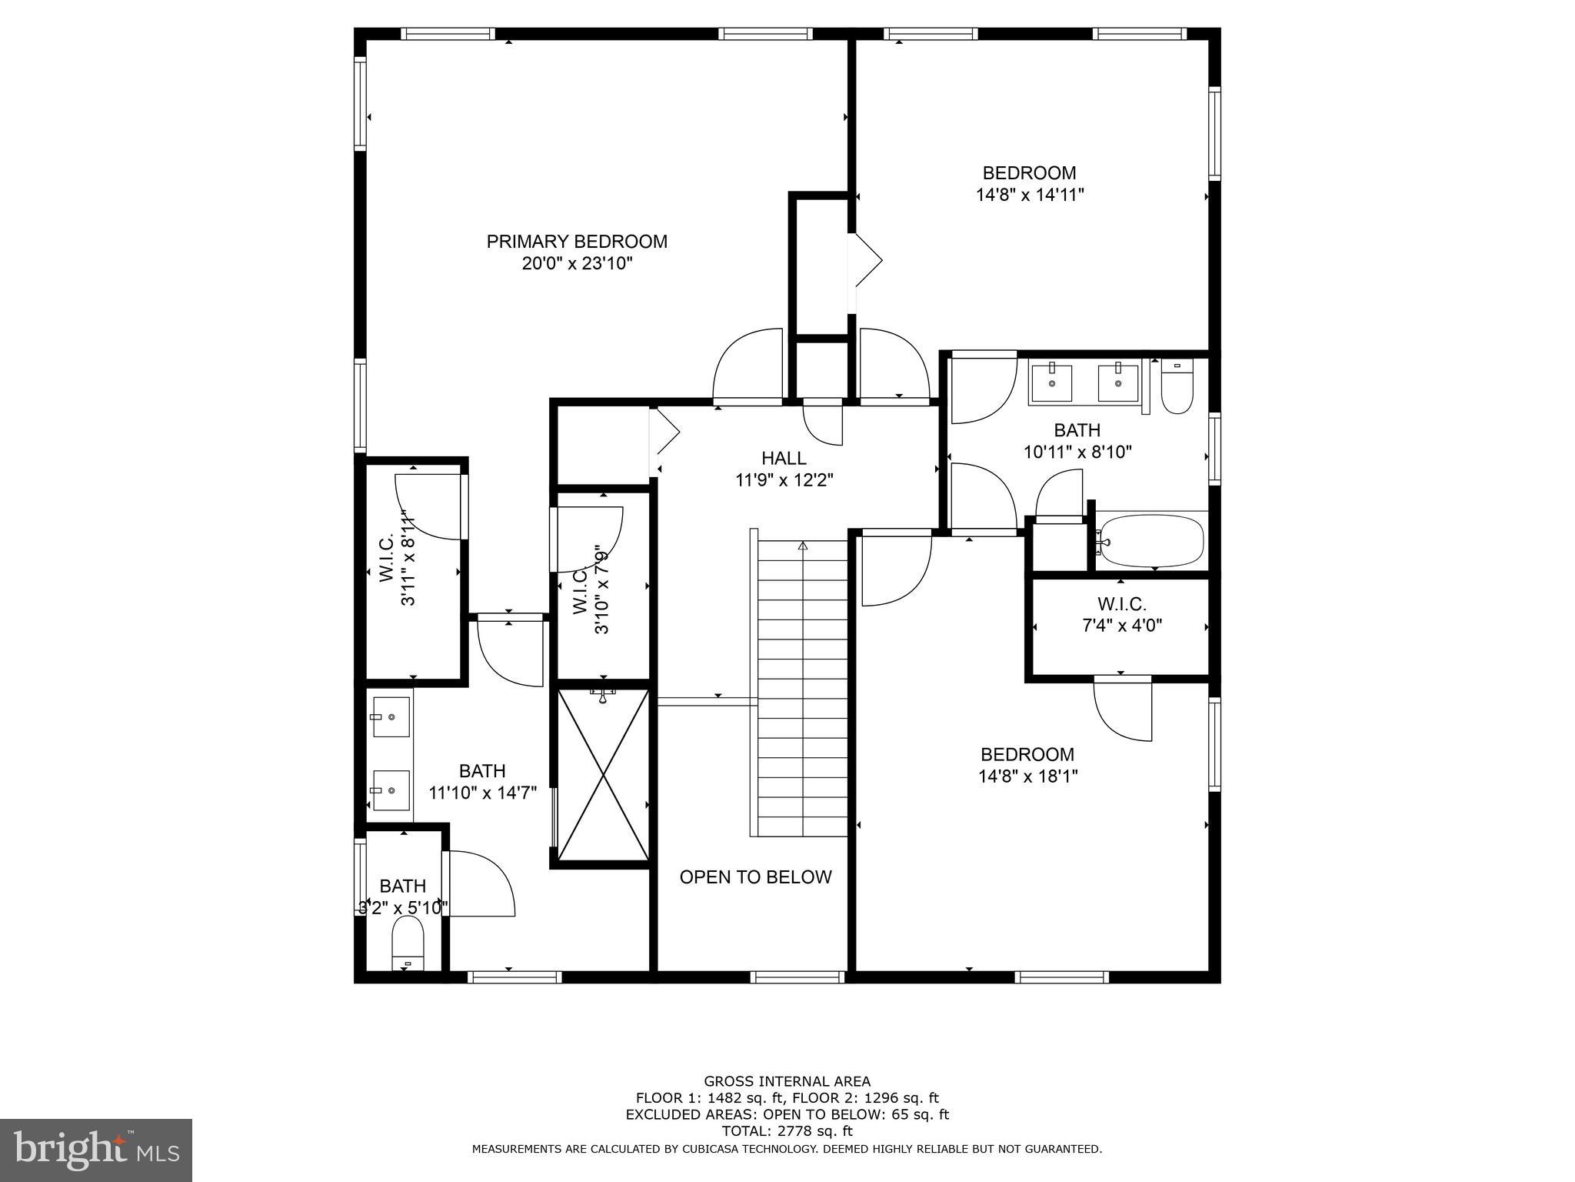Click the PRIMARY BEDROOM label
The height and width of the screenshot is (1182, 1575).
(x=577, y=242)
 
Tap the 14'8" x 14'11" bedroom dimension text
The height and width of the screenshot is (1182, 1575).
(x=1030, y=195)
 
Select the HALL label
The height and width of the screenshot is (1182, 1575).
(x=784, y=459)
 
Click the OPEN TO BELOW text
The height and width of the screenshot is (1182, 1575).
(x=755, y=877)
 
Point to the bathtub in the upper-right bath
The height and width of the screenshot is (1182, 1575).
(x=1150, y=540)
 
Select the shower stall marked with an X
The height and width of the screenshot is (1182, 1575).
(x=603, y=775)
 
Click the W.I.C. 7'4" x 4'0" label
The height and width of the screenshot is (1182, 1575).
(x=1121, y=615)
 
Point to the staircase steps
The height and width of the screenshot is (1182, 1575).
(x=803, y=689)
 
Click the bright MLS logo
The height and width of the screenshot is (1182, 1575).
(x=96, y=1150)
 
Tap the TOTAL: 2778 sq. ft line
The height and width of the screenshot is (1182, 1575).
(x=787, y=1131)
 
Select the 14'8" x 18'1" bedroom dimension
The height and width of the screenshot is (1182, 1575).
(x=1027, y=776)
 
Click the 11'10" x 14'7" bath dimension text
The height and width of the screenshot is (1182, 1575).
(x=482, y=793)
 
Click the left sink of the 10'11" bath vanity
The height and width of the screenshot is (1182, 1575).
(x=1051, y=382)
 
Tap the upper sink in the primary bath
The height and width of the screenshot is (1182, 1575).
(x=391, y=716)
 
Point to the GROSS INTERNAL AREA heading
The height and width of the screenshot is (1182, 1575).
(x=787, y=1081)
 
